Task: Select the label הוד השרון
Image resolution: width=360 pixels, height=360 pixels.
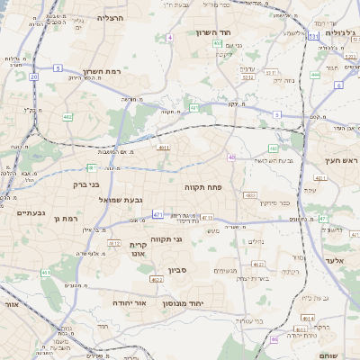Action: point(214,32)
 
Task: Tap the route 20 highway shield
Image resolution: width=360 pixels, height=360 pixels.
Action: point(33,77)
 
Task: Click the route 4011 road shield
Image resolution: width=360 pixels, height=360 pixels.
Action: point(163,148)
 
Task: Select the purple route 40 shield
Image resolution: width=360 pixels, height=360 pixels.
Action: point(231,157)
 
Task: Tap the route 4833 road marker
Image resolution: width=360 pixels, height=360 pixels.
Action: point(249,195)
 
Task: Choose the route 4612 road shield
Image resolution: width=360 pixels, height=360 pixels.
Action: point(114,243)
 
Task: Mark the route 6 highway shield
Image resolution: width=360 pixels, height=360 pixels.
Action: point(338,85)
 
